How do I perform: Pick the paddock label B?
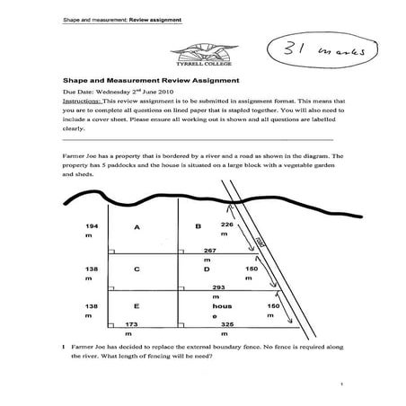(x=197, y=226)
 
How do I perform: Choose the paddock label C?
(x=137, y=269)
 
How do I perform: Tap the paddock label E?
(x=137, y=306)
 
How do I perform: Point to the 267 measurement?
(x=210, y=249)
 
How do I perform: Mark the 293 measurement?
(x=216, y=287)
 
